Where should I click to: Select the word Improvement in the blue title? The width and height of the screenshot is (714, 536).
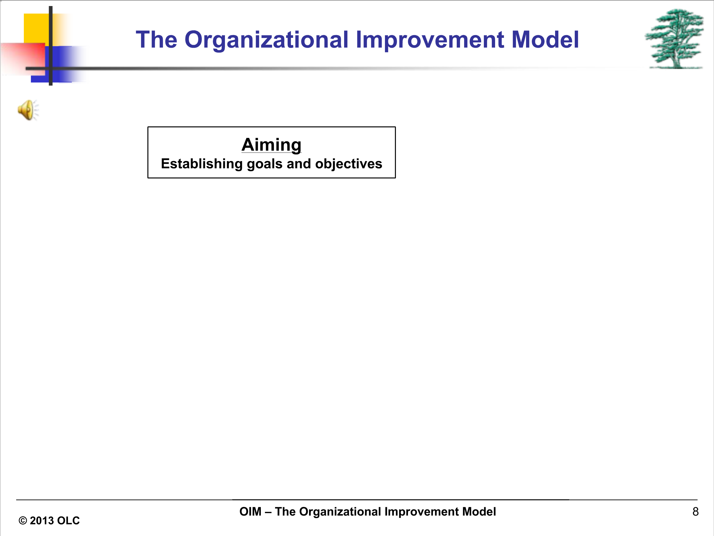click(x=430, y=40)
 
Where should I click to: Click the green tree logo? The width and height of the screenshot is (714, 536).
click(x=675, y=39)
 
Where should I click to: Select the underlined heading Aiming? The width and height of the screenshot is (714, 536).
click(x=272, y=145)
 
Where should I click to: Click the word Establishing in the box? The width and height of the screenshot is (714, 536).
click(x=202, y=164)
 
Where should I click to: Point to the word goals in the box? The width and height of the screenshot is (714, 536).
click(x=265, y=164)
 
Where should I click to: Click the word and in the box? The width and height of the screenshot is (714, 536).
click(x=299, y=164)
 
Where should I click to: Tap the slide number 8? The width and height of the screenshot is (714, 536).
click(x=696, y=511)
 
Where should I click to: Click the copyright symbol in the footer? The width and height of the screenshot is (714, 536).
click(x=22, y=520)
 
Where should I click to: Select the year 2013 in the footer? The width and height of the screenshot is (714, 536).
click(x=42, y=520)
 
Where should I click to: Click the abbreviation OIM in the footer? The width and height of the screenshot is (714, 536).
click(x=250, y=511)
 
